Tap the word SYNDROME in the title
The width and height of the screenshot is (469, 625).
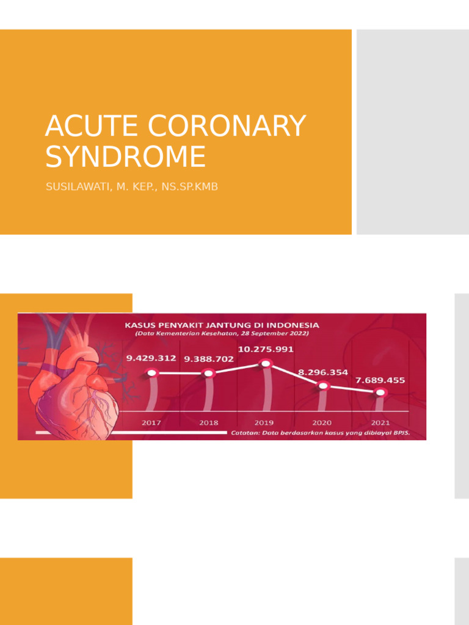click(x=125, y=156)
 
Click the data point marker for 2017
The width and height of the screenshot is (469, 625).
click(x=151, y=372)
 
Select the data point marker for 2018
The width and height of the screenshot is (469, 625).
click(x=208, y=373)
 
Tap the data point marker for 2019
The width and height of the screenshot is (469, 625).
click(x=265, y=364)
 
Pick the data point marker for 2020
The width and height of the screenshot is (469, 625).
click(x=323, y=385)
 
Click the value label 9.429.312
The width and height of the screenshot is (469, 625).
click(x=151, y=358)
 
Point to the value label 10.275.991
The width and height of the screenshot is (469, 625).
click(x=266, y=349)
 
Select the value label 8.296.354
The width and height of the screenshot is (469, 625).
click(x=323, y=371)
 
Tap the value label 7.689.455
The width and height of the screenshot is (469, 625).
click(x=380, y=380)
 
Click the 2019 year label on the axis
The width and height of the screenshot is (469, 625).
click(x=264, y=422)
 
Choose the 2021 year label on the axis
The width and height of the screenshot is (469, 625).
click(x=380, y=422)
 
